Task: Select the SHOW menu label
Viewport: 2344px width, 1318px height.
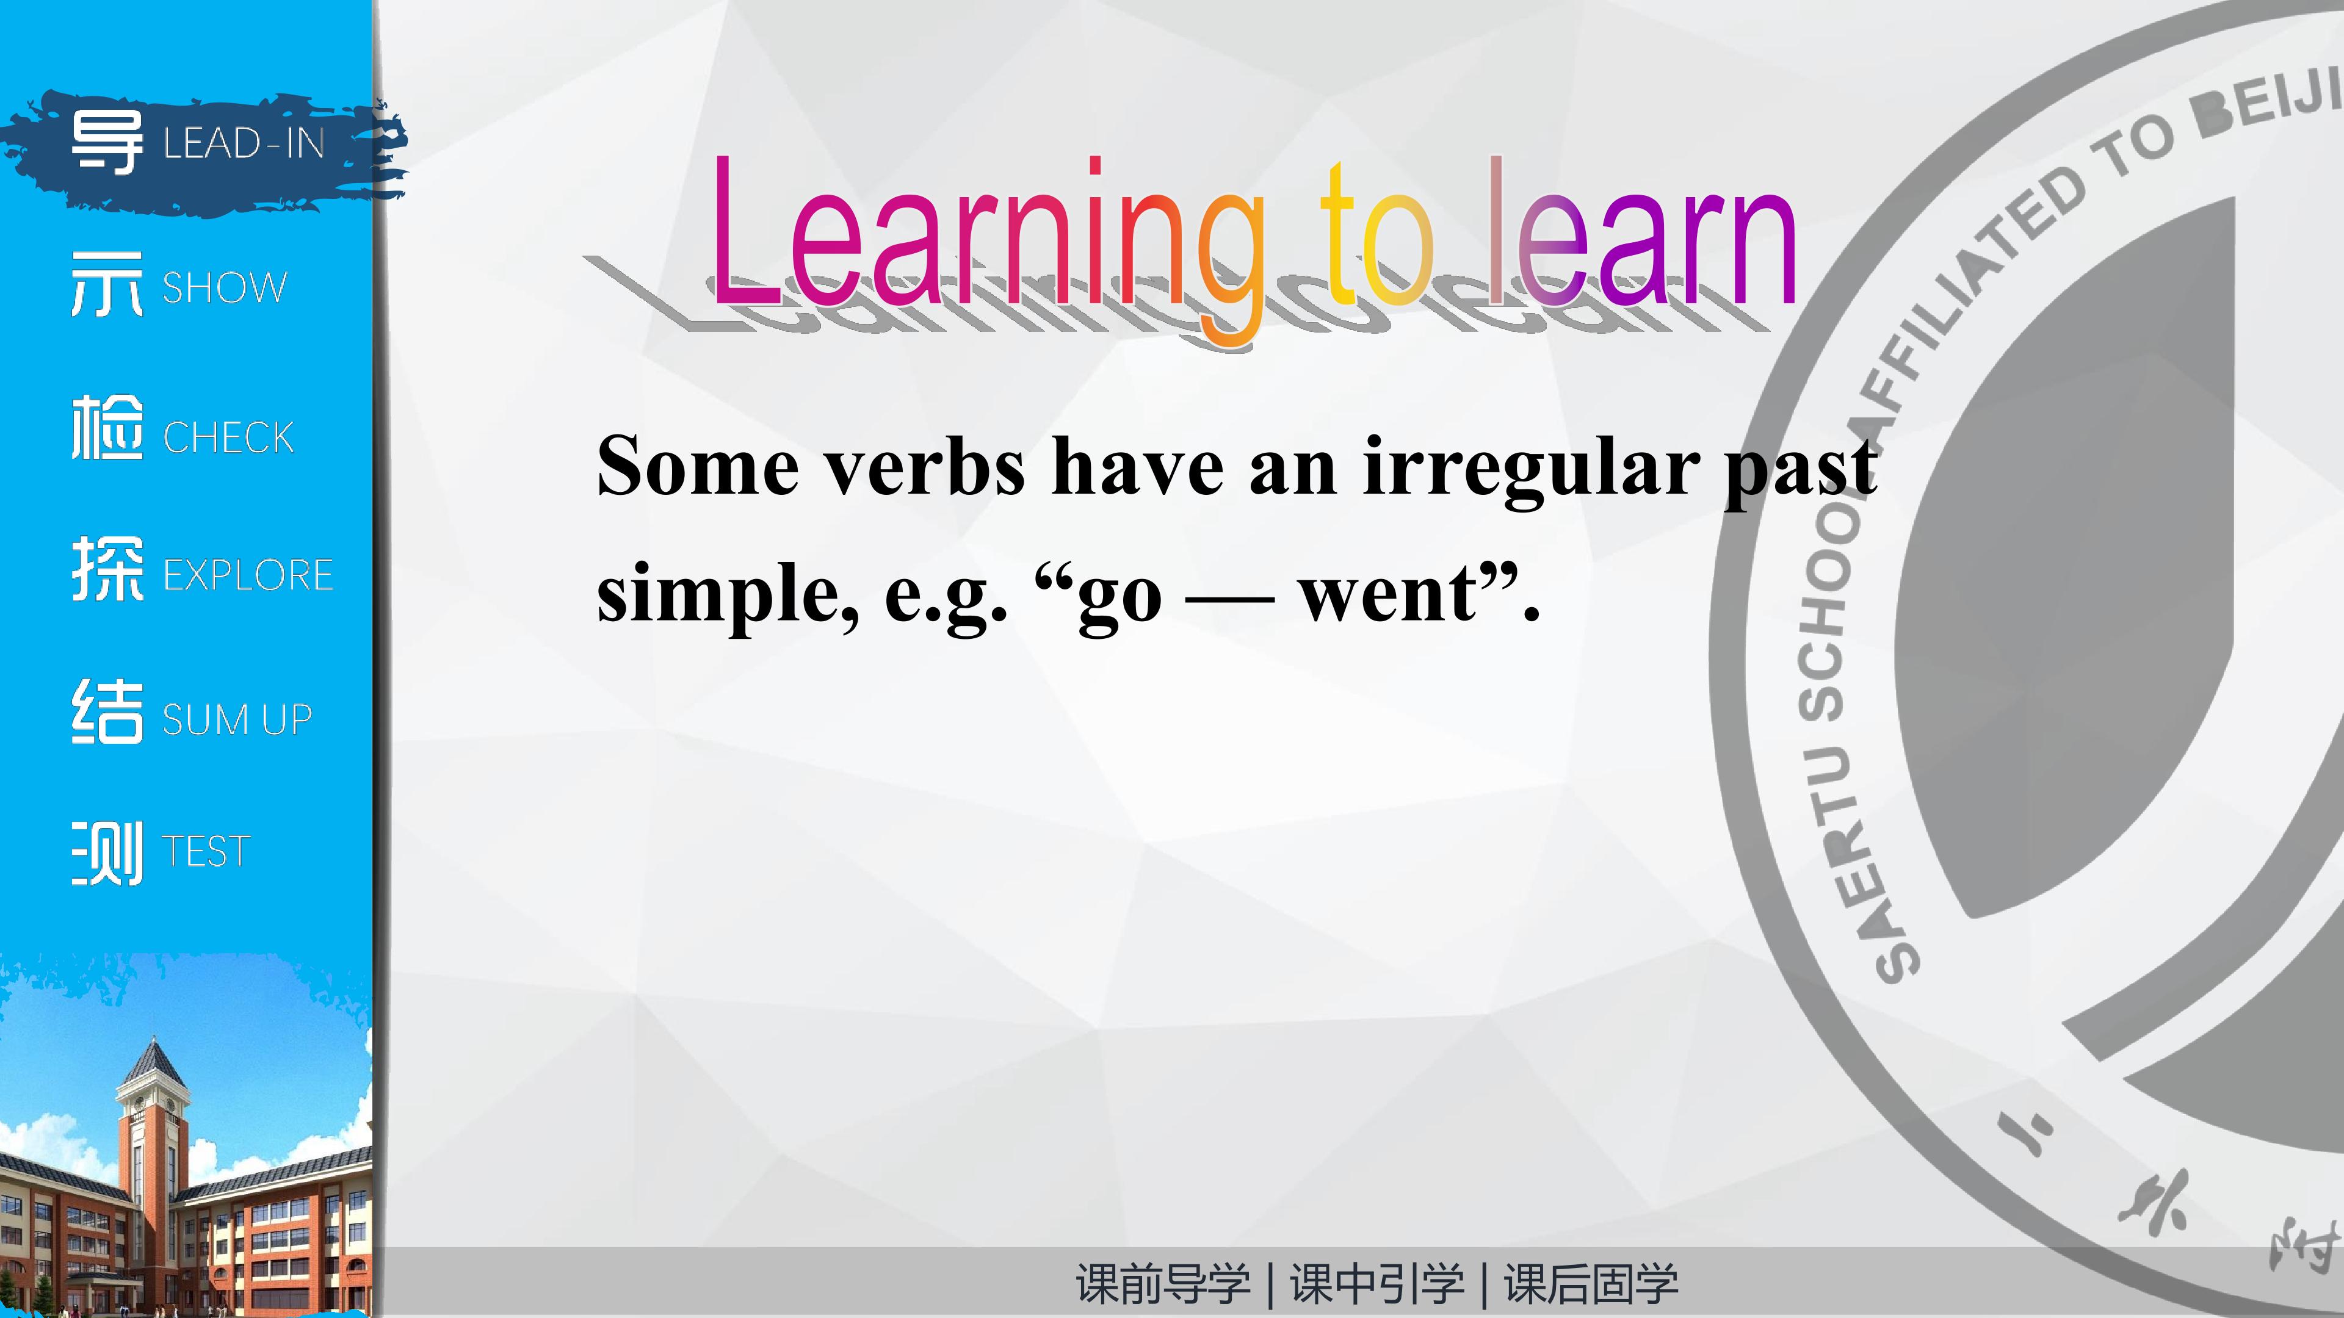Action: click(x=225, y=287)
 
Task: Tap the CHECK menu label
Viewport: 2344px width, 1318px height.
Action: click(x=228, y=438)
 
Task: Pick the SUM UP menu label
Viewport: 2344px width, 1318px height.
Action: click(x=237, y=719)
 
